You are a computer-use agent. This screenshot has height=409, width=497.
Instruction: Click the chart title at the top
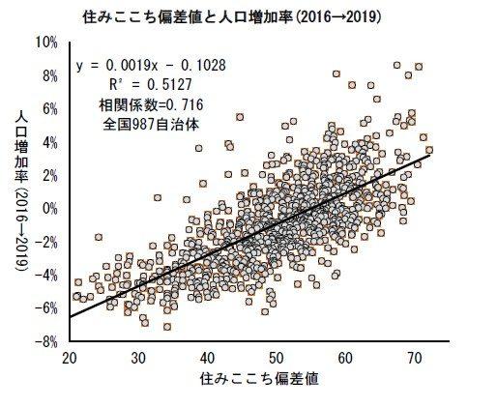coord(232,17)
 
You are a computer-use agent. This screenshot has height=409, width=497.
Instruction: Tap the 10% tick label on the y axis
coord(45,43)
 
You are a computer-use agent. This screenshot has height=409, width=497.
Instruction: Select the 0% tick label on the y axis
coord(49,209)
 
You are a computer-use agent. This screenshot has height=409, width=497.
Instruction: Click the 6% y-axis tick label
coord(49,109)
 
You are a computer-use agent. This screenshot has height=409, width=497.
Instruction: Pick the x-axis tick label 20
coord(70,359)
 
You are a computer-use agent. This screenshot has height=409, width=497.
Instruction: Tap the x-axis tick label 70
coord(415,359)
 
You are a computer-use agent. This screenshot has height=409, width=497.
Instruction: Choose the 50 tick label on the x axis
coord(277,359)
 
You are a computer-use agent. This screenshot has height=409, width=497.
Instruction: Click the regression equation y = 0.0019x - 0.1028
coord(151,66)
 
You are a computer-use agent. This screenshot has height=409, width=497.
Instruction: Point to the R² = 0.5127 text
coord(151,85)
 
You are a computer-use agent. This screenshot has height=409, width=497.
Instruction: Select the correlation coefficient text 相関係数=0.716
coord(151,105)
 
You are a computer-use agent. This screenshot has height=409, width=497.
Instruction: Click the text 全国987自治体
coord(151,125)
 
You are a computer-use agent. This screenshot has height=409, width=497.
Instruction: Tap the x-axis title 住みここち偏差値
coord(259,379)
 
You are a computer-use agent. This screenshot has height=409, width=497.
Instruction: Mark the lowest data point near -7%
coord(167,327)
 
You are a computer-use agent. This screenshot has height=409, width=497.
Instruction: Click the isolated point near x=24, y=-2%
coord(99,237)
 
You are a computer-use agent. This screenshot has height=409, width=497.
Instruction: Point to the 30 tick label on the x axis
coord(138,359)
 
